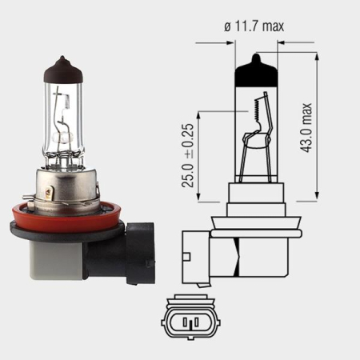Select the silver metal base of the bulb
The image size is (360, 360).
69,186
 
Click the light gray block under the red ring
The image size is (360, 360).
53,255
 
